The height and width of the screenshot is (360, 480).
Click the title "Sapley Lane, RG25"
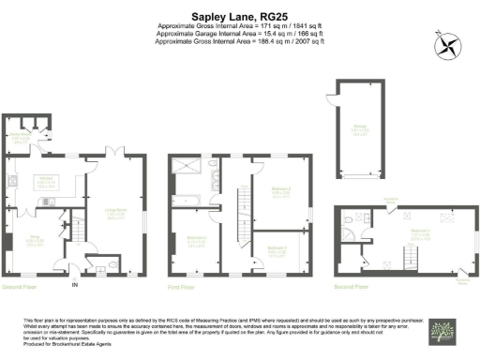(x=239, y=16)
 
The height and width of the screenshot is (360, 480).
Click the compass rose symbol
(x=445, y=44)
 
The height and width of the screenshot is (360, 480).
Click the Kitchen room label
(x=44, y=182)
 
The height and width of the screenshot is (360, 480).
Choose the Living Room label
(x=116, y=214)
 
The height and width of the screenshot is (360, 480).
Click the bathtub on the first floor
(x=184, y=200)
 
